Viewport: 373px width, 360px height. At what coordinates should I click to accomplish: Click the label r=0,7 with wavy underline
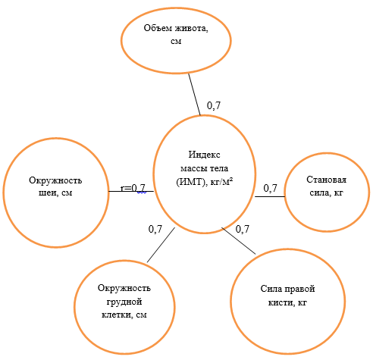tap(133, 188)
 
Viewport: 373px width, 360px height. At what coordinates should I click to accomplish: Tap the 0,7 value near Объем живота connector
tap(214, 105)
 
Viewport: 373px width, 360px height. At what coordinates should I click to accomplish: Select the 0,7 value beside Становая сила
tap(270, 188)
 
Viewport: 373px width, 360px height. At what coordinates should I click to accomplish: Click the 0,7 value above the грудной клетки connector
tap(155, 229)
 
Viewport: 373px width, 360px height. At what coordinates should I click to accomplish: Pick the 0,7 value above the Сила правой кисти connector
tap(243, 229)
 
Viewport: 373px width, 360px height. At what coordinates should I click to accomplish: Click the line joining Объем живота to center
tap(194, 95)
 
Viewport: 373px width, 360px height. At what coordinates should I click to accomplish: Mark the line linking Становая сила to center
tap(270, 196)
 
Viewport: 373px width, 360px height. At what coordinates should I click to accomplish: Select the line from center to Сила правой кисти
tap(239, 240)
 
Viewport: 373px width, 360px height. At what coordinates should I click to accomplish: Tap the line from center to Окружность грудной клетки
tap(161, 245)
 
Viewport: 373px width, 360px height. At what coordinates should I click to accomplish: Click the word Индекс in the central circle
tap(204, 155)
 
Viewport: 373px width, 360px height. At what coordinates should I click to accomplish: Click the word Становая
tap(327, 180)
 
